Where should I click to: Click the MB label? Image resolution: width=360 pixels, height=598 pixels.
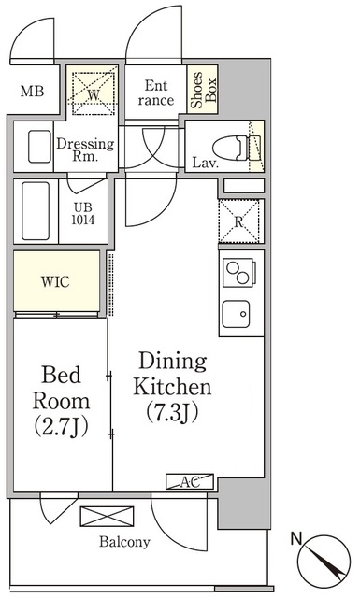[33, 92]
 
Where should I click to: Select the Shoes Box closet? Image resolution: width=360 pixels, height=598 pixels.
[203, 90]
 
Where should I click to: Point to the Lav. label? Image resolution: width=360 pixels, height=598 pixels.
[206, 164]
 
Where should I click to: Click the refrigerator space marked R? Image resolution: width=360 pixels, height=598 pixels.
[239, 221]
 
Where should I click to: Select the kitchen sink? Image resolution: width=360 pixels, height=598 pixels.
[237, 314]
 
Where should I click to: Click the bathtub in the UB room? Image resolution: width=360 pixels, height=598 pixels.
[36, 210]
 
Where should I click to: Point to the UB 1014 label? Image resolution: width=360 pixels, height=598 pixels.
[83, 214]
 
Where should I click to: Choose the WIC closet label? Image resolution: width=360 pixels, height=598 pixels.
[56, 282]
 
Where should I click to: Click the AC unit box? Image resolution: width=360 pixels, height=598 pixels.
[190, 482]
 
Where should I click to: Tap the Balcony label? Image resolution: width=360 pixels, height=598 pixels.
[124, 542]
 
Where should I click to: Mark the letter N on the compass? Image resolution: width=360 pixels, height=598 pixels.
[296, 538]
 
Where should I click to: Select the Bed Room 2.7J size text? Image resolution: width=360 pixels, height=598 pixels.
[61, 428]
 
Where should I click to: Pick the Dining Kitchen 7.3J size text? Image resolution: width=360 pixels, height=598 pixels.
[172, 413]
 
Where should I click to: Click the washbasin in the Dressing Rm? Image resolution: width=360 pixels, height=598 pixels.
[39, 147]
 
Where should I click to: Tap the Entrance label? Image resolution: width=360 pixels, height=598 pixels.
[156, 93]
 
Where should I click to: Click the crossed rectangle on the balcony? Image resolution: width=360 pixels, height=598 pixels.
[107, 517]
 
